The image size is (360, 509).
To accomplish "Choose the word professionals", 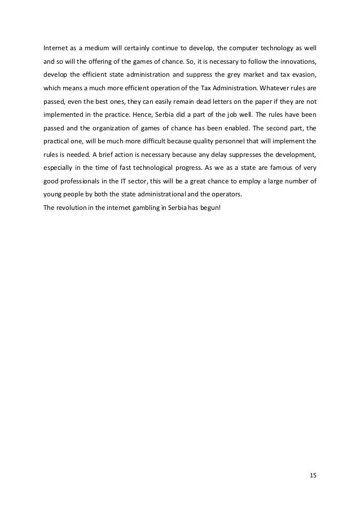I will tap(81, 183).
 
